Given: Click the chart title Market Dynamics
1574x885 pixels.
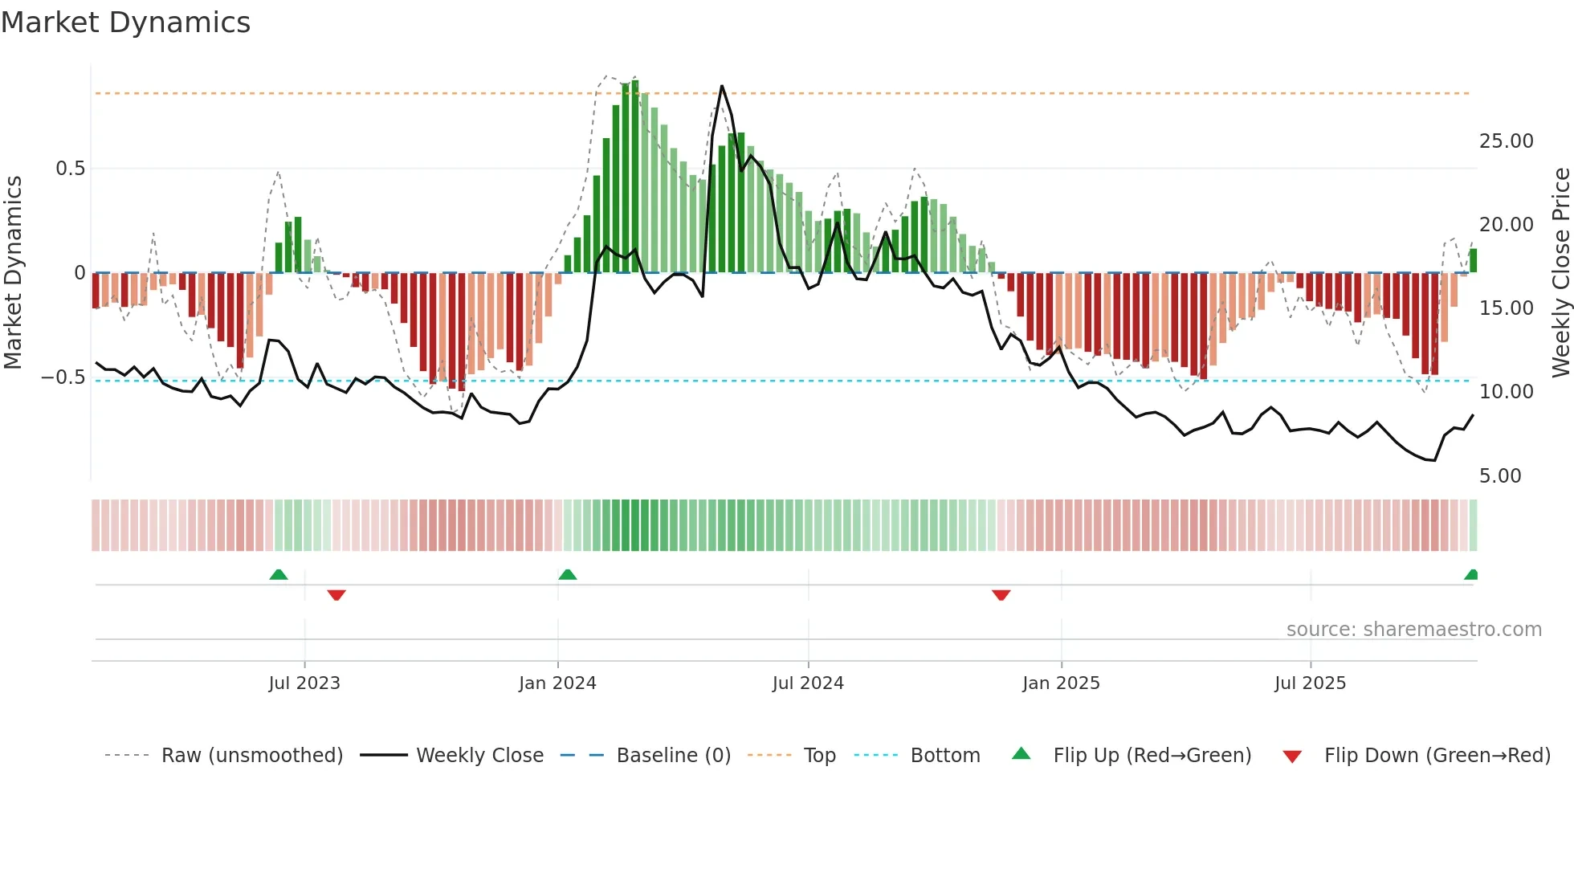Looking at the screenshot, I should pyautogui.click(x=125, y=22).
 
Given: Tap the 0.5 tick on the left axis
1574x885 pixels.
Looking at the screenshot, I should pyautogui.click(x=70, y=169).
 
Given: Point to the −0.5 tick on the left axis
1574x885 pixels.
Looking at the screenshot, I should pyautogui.click(x=63, y=377).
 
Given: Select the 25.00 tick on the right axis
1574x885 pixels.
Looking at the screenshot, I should pyautogui.click(x=1506, y=141).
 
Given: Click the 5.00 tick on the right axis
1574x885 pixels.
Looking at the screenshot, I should pyautogui.click(x=1500, y=476).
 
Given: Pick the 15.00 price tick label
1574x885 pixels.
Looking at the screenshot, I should pyautogui.click(x=1506, y=308).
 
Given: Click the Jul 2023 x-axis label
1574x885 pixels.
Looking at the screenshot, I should pyautogui.click(x=304, y=683).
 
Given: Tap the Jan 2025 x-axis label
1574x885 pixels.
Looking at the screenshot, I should pyautogui.click(x=1061, y=683).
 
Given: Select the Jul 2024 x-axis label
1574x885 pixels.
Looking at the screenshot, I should pyautogui.click(x=808, y=683).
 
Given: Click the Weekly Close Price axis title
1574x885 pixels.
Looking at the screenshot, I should pyautogui.click(x=1560, y=273).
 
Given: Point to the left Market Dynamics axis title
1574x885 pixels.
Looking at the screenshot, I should pyautogui.click(x=13, y=273).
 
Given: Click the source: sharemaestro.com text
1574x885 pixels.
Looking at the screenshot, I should pyautogui.click(x=1413, y=630).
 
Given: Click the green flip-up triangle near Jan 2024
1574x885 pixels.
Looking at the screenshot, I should pyautogui.click(x=568, y=574).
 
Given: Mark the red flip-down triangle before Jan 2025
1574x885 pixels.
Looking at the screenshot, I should pyautogui.click(x=1001, y=595).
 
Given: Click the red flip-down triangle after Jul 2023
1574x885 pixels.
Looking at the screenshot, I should pyautogui.click(x=336, y=595).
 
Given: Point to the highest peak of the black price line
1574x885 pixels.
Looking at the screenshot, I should pyautogui.click(x=722, y=87).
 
